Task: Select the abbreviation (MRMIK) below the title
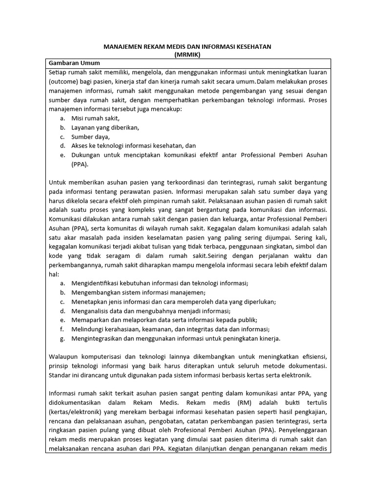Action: click(187, 55)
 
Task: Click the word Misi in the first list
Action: click(78, 118)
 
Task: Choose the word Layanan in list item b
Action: click(83, 127)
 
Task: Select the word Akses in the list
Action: click(80, 146)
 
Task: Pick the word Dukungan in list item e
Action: click(85, 155)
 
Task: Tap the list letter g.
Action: click(62, 338)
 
